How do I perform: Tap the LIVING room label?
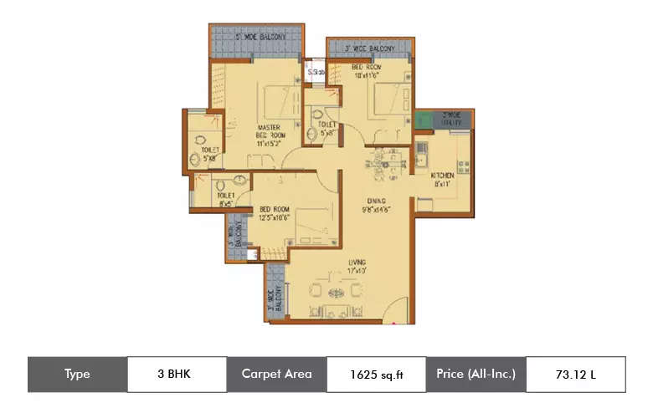click(x=357, y=267)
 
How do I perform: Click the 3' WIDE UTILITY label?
click(x=452, y=119)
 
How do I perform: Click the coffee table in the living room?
click(x=335, y=293)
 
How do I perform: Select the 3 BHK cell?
click(x=177, y=375)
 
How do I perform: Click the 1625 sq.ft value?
click(x=376, y=375)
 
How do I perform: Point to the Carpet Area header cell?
click(x=276, y=375)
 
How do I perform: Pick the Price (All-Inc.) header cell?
click(x=476, y=375)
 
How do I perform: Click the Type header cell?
click(x=77, y=375)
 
